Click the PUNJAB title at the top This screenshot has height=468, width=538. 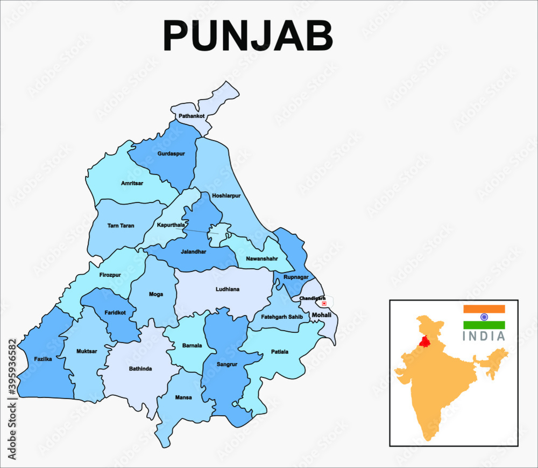248,37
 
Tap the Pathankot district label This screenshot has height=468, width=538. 192,116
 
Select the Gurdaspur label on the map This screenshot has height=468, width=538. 171,153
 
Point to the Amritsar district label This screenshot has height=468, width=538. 132,183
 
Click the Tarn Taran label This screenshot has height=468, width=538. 121,226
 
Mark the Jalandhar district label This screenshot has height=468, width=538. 193,252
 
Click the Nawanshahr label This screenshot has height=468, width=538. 261,259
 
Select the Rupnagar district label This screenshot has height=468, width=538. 296,277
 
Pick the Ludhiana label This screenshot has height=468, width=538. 228,289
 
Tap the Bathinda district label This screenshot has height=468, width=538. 140,369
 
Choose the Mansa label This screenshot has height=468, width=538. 183,397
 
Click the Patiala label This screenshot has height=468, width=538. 279,352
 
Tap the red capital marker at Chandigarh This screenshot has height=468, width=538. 324,303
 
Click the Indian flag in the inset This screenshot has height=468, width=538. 484,317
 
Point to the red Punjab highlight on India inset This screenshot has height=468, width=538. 425,341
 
